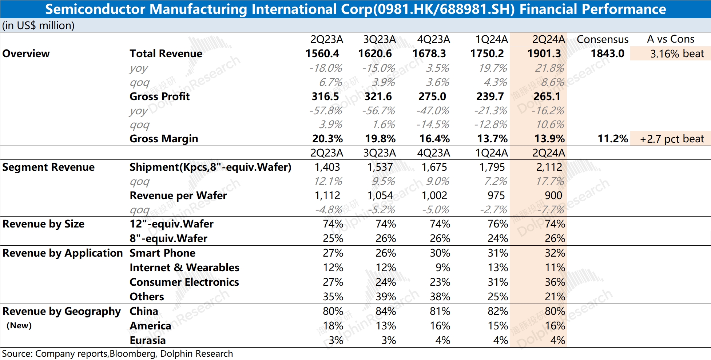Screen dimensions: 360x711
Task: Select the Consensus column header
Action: [603, 39]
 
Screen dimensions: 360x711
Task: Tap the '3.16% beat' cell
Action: [677, 54]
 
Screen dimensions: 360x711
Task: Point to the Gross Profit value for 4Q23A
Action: [432, 96]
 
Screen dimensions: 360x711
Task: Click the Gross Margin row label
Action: [164, 139]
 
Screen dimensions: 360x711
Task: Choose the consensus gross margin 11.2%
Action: [613, 139]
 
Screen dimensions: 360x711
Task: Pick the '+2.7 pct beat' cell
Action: [672, 139]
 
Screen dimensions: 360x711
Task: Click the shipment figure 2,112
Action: [549, 167]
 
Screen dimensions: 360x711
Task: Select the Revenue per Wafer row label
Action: [178, 195]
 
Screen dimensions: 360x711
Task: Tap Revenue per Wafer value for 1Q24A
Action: [496, 195]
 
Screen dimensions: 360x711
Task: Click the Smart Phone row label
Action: [162, 253]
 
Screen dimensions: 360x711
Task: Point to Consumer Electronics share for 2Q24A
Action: [555, 282]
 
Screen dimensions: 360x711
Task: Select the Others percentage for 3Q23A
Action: [386, 297]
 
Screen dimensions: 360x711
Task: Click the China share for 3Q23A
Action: [386, 311]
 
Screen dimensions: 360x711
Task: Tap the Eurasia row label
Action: [147, 340]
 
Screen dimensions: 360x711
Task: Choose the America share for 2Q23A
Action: [333, 326]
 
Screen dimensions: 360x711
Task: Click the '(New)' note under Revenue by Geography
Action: [19, 325]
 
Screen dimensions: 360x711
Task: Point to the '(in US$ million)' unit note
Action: [38, 25]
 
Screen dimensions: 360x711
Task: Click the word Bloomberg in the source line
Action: [133, 353]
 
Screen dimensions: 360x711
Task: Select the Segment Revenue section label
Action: [48, 167]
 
